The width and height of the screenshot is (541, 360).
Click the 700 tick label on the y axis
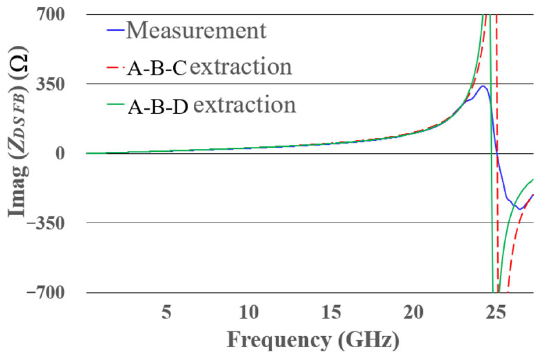pos(50,14)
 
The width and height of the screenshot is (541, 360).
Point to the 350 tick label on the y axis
pos(50,84)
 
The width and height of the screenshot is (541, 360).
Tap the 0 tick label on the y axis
pos(60,153)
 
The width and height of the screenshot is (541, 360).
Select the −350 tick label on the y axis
pos(46,223)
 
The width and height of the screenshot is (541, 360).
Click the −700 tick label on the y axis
pos(46,293)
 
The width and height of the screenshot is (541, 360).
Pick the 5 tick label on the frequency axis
pos(166,312)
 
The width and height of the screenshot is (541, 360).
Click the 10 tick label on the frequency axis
pos(249,312)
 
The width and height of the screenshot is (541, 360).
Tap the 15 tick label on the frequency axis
pos(331,312)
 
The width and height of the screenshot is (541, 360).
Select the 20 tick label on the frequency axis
pos(413,312)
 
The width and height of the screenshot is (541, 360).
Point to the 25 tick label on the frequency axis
pos(496,312)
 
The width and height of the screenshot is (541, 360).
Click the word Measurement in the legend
pos(196,30)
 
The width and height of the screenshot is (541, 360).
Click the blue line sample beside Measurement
pos(116,30)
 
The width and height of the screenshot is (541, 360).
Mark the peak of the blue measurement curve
pos(483,86)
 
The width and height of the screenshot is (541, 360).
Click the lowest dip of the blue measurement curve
pos(519,209)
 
